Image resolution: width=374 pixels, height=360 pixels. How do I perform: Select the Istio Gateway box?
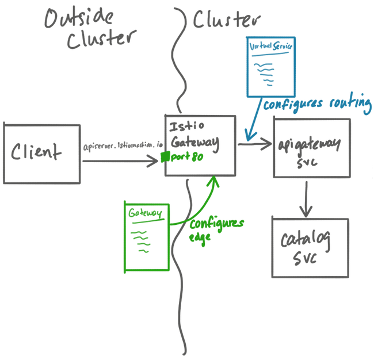click(x=200, y=145)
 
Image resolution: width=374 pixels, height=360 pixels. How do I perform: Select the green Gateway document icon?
click(x=147, y=236)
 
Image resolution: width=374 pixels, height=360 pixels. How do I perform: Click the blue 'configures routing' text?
click(x=316, y=104)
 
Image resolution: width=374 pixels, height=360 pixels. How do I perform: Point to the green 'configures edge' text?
click(x=216, y=228)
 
